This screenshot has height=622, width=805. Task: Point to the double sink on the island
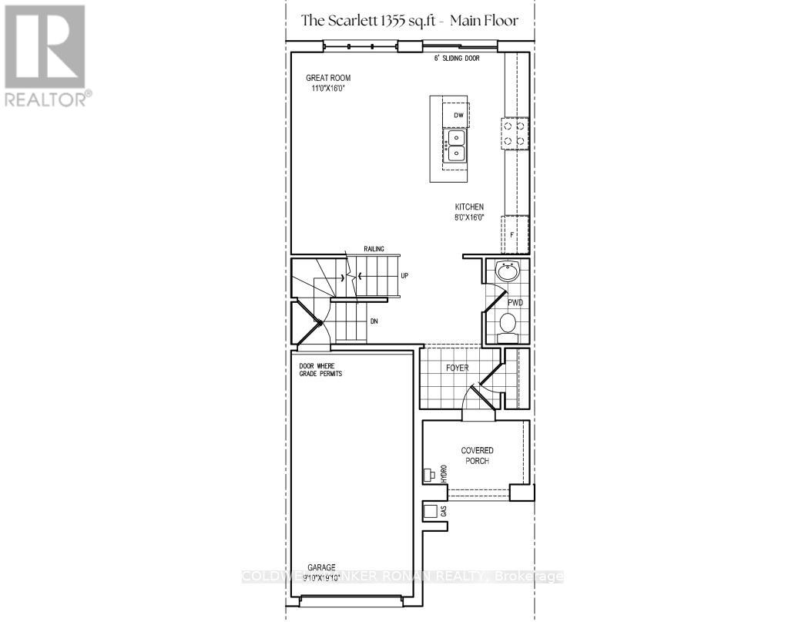(x=455, y=146)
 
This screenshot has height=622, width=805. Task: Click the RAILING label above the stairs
(x=374, y=249)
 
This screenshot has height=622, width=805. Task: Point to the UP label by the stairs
(x=404, y=275)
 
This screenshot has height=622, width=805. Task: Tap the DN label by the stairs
(x=374, y=320)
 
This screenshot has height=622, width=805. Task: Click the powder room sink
(x=508, y=271)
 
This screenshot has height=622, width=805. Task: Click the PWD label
(x=515, y=303)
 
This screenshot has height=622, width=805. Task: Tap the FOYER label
(x=457, y=368)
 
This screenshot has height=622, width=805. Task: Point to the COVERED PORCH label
(x=477, y=456)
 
